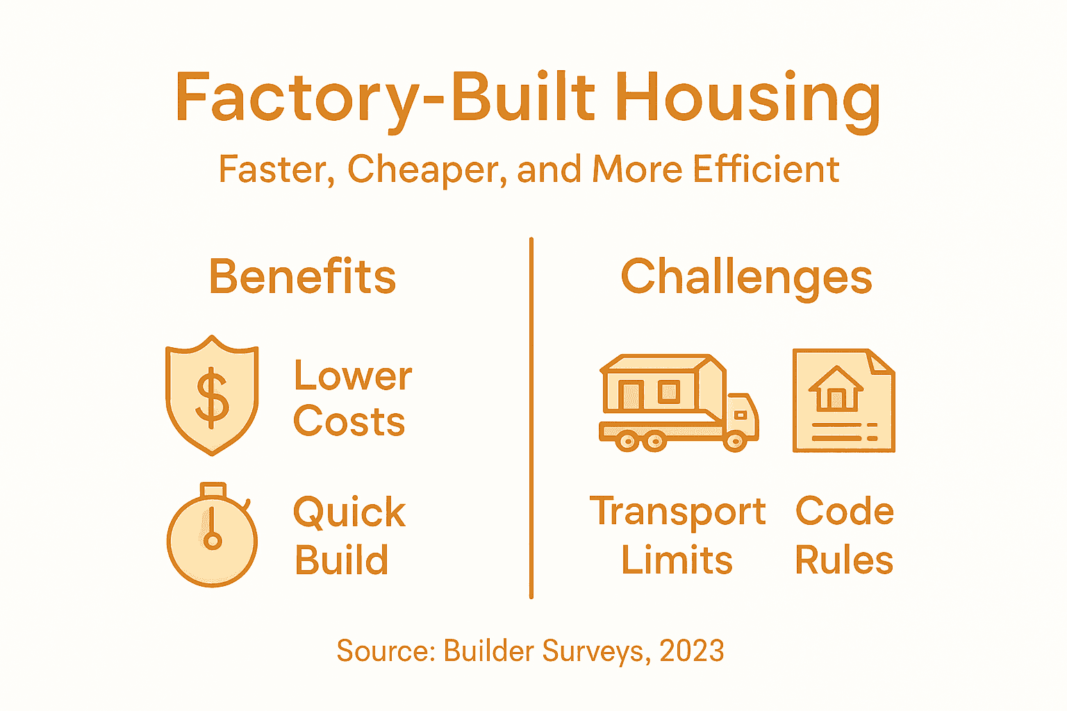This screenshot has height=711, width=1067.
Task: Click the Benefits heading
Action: (303, 277)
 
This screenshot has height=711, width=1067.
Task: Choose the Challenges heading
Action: (746, 277)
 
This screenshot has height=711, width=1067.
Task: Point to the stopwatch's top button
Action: (213, 490)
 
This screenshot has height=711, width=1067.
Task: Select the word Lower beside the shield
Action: (353, 376)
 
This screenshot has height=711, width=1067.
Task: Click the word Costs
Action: (349, 421)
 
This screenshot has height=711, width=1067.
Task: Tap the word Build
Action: (342, 560)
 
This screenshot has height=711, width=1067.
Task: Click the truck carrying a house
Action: (678, 403)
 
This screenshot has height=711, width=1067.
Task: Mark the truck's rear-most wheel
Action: (627, 441)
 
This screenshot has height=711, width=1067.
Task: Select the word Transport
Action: (678, 512)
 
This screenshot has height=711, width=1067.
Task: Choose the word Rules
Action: (844, 560)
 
